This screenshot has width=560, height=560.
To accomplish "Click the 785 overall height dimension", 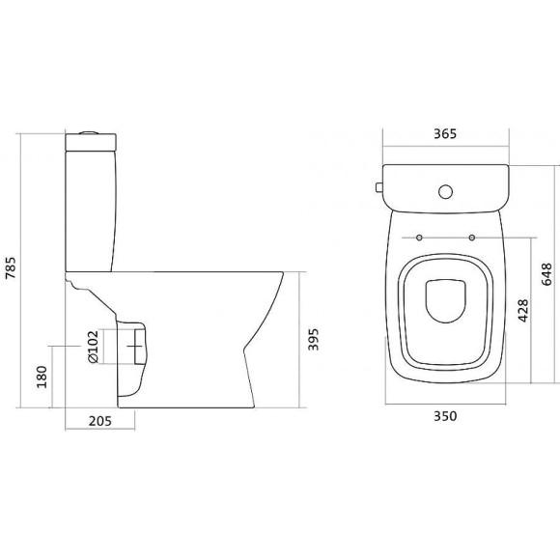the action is pyautogui.click(x=11, y=267).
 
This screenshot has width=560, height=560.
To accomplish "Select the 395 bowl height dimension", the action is pyautogui.click(x=313, y=339).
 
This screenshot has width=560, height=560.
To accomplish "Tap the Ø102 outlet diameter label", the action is pyautogui.click(x=93, y=347).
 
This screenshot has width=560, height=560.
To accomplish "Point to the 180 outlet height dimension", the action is pyautogui.click(x=42, y=377).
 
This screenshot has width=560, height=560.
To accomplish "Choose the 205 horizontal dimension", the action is pyautogui.click(x=100, y=421).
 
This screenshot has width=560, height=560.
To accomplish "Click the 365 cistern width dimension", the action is pyautogui.click(x=445, y=133).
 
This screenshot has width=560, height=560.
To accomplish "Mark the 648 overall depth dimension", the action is pyautogui.click(x=546, y=274).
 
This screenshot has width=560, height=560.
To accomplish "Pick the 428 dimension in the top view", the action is pyautogui.click(x=523, y=310).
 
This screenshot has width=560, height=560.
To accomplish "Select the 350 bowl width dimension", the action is pyautogui.click(x=445, y=416).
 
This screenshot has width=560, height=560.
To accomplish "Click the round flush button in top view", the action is pyautogui.click(x=445, y=192).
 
